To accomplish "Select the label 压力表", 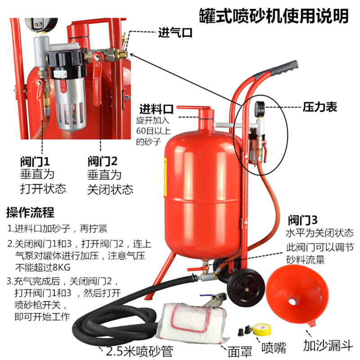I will click(x=319, y=107).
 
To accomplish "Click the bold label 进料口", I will click(x=156, y=109).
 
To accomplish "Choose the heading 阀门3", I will click(x=303, y=220).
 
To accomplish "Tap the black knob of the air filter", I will click(x=63, y=60).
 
